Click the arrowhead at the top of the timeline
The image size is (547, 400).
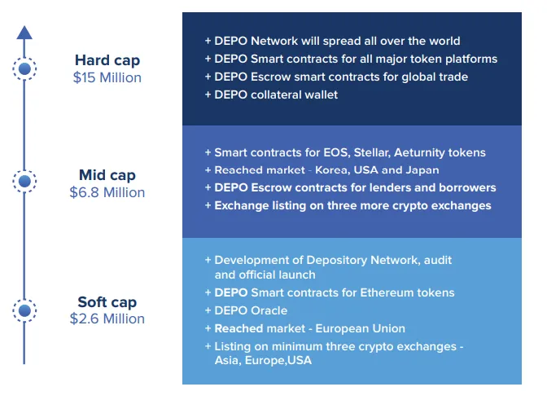click(x=24, y=33)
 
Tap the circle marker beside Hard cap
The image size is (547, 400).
click(x=24, y=68)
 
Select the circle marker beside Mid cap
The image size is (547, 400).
click(x=24, y=181)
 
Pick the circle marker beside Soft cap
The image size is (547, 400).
click(x=24, y=310)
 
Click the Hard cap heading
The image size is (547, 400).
click(x=107, y=60)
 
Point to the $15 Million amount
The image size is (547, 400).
click(x=107, y=77)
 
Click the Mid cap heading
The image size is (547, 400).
click(x=107, y=175)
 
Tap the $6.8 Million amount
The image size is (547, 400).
click(x=107, y=192)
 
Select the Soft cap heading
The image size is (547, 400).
click(x=107, y=302)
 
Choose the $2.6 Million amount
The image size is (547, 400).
click(x=107, y=319)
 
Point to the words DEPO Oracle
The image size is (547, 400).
click(x=251, y=310)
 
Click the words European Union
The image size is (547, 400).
click(x=361, y=328)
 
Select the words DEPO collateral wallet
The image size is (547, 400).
click(x=276, y=95)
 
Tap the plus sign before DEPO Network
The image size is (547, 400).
click(x=208, y=41)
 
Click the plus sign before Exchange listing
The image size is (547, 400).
click(x=208, y=205)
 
